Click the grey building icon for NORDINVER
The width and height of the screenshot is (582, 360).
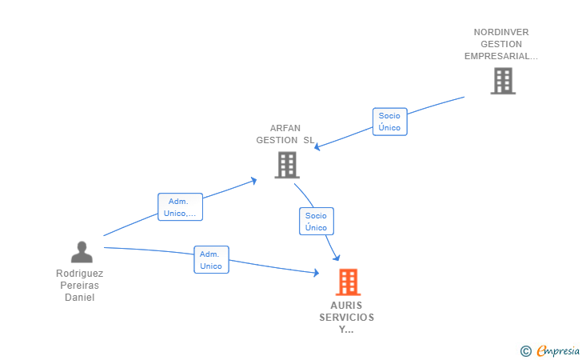[502, 81]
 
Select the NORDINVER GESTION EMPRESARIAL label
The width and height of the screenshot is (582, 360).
[501, 44]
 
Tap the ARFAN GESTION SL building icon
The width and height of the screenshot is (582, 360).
[286, 165]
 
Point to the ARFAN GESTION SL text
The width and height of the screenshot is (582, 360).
[285, 134]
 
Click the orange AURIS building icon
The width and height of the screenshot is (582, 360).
[347, 282]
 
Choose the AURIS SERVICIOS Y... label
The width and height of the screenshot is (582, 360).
[346, 317]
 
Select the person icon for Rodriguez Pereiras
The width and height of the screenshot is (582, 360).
[82, 252]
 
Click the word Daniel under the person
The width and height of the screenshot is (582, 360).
[79, 298]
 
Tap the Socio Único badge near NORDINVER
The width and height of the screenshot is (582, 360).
[389, 122]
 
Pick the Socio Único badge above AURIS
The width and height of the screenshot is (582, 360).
[316, 222]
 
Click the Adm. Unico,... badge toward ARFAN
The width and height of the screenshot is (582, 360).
[180, 207]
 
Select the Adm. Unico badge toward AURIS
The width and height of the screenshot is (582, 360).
[211, 260]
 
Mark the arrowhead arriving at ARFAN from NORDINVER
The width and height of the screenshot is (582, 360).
[317, 146]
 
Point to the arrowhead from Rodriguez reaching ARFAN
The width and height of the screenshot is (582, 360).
[253, 180]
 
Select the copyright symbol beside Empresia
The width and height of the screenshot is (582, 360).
[525, 350]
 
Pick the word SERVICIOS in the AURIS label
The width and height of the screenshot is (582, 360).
[346, 318]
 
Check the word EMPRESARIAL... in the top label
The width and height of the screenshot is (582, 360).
[501, 56]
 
